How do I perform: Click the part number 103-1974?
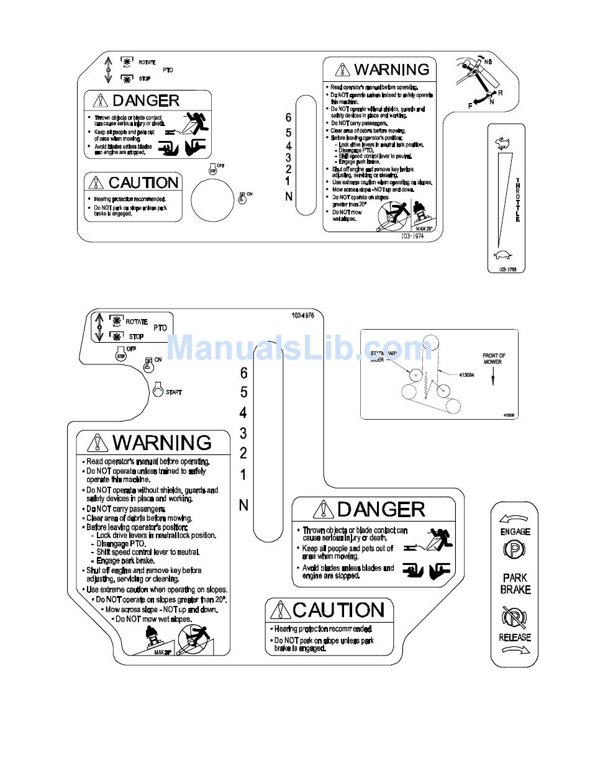click(411, 237)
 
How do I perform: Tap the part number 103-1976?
click(303, 315)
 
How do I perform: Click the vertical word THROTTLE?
click(517, 199)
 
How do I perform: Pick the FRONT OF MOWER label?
click(494, 359)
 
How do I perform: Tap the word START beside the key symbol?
click(174, 392)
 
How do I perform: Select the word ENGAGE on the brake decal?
click(515, 531)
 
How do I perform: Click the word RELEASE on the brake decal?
click(515, 637)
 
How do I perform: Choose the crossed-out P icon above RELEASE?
click(515, 618)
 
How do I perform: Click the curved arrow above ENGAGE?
click(514, 518)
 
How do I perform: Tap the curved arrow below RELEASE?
click(515, 651)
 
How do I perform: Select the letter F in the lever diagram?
click(470, 106)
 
